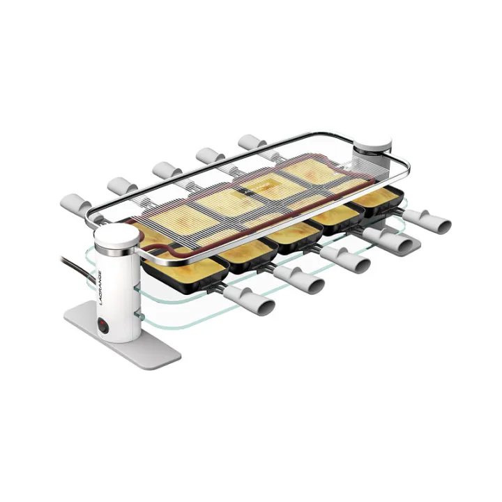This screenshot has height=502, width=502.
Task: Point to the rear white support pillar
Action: click(372, 155)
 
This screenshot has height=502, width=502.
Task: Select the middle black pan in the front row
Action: click(289, 233)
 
